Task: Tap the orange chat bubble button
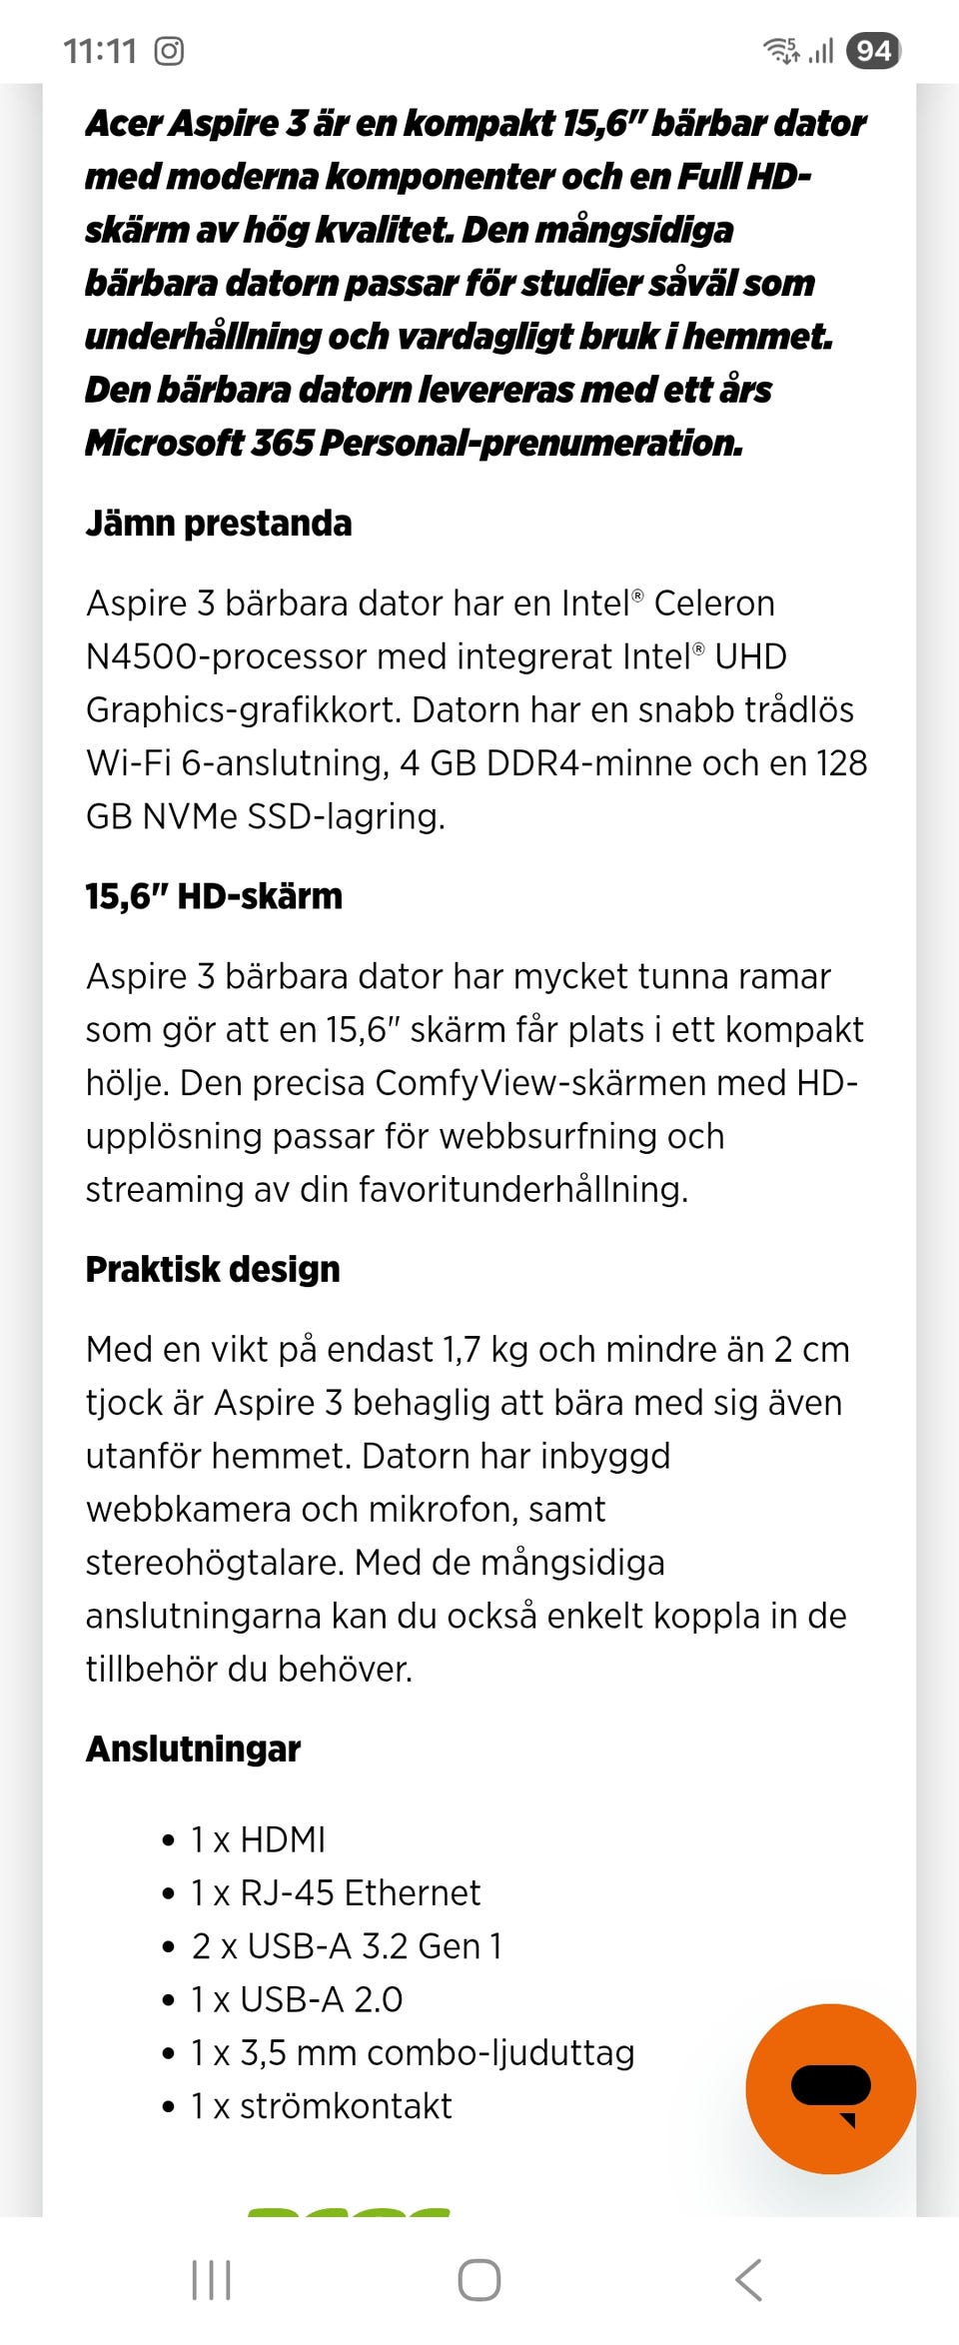(830, 2088)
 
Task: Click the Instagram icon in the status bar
(169, 50)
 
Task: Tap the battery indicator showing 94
(873, 50)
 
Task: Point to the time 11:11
(99, 50)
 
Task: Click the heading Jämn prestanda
(219, 524)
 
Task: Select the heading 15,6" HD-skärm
(214, 896)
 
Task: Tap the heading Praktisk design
(213, 1269)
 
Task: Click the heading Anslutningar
(193, 1749)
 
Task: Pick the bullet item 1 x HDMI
(259, 1839)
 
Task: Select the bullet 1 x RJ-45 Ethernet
(336, 1892)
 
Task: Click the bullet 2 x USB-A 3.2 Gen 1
(347, 1946)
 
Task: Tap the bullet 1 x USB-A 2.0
(297, 1999)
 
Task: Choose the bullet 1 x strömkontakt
(322, 2106)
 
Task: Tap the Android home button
(479, 2280)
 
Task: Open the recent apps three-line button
(212, 2280)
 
